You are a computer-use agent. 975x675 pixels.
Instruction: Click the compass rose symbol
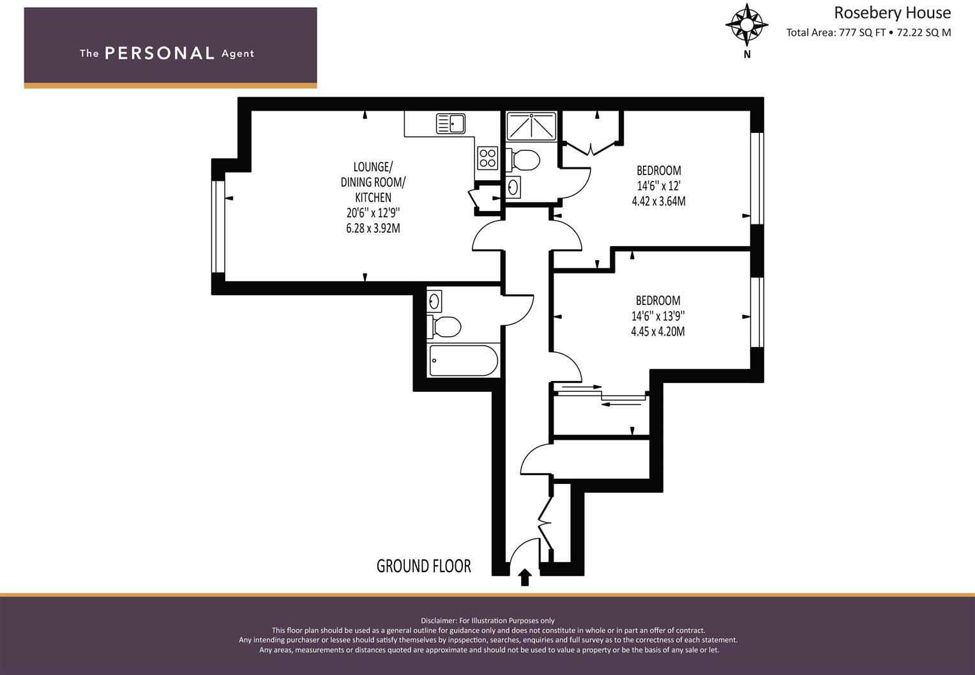746,25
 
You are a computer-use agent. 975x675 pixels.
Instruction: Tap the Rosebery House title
892,13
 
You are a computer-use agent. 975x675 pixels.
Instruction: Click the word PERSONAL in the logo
159,53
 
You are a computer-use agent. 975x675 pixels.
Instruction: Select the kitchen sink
450,123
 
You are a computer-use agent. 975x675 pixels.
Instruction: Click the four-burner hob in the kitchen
487,157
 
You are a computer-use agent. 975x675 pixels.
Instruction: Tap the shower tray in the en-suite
531,126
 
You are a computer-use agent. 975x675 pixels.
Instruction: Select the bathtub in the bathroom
463,361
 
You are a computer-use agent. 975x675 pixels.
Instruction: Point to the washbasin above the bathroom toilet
435,300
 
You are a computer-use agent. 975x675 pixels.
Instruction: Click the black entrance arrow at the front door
525,577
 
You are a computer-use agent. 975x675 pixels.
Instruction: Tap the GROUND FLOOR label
423,566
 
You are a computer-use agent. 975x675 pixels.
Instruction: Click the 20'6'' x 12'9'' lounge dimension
373,213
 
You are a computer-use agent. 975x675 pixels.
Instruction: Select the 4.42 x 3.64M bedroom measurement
658,201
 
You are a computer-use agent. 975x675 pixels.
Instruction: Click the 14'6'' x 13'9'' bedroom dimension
658,316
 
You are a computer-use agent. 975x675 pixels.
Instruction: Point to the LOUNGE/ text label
373,167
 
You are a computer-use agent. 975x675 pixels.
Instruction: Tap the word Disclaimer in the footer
439,620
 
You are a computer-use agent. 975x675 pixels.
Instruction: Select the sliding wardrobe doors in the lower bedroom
600,395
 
